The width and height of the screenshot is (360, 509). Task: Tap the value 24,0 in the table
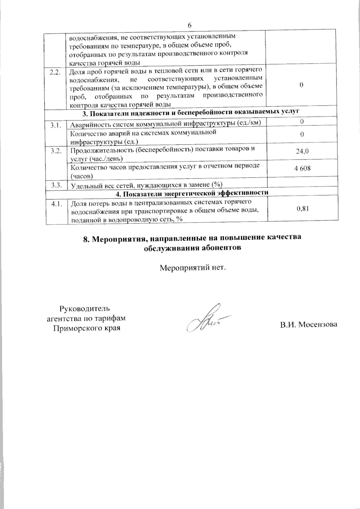click(302, 151)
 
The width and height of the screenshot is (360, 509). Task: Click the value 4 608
click(302, 168)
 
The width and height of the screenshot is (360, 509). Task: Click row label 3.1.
click(56, 125)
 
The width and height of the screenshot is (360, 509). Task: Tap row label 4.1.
click(56, 204)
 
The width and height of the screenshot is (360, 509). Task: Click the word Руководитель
click(85, 308)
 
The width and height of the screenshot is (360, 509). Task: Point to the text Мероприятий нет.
click(192, 267)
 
